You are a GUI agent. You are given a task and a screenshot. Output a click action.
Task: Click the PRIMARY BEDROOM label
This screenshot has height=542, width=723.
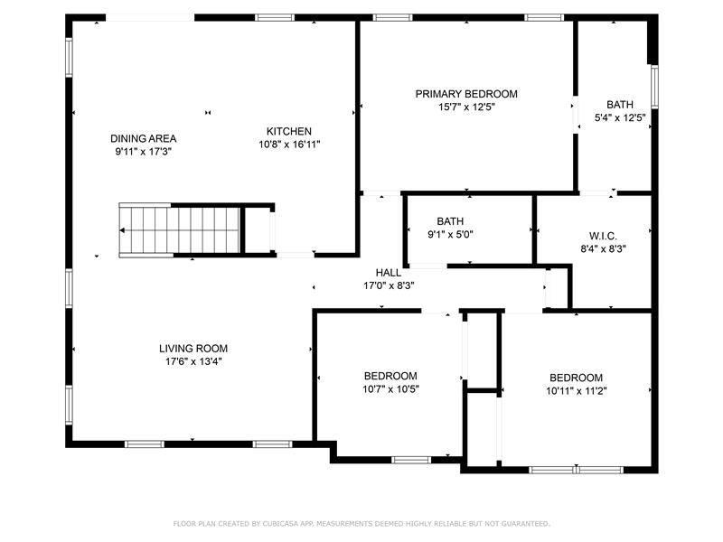tap(466, 94)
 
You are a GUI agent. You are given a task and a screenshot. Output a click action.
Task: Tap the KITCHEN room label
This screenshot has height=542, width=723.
tap(289, 131)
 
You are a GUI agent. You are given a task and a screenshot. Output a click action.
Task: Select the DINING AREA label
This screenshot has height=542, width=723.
tap(144, 138)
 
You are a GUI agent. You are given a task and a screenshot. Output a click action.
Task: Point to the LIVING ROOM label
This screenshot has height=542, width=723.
tap(193, 349)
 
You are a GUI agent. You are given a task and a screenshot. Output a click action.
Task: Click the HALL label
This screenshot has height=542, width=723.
tap(389, 273)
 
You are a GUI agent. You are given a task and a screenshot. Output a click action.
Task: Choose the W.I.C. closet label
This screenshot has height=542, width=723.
tap(603, 237)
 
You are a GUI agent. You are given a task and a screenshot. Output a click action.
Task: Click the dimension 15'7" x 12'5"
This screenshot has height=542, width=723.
tap(466, 107)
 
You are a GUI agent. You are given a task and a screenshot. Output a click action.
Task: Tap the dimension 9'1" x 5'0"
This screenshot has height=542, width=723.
tap(450, 235)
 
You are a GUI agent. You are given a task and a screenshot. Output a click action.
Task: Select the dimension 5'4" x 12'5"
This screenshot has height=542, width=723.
tap(620, 118)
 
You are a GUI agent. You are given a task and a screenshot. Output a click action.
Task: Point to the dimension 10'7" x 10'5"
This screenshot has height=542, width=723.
tap(390, 389)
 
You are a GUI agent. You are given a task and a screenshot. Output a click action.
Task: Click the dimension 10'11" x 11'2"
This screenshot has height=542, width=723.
tap(577, 391)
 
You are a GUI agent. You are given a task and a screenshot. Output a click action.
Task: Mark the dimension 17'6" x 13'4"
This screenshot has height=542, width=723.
tap(193, 362)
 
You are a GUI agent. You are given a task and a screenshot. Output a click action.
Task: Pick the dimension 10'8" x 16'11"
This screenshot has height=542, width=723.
tap(289, 145)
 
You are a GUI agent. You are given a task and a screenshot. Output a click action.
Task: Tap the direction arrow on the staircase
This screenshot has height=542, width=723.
tap(122, 230)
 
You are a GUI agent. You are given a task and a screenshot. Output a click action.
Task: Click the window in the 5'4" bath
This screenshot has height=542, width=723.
tap(654, 87)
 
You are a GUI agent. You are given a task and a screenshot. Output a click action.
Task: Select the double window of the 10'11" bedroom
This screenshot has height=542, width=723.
tap(576, 470)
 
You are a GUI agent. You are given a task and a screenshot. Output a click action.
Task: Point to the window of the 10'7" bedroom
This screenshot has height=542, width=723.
tap(411, 460)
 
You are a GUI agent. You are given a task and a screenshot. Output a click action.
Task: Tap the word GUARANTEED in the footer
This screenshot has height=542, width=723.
tap(525, 524)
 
